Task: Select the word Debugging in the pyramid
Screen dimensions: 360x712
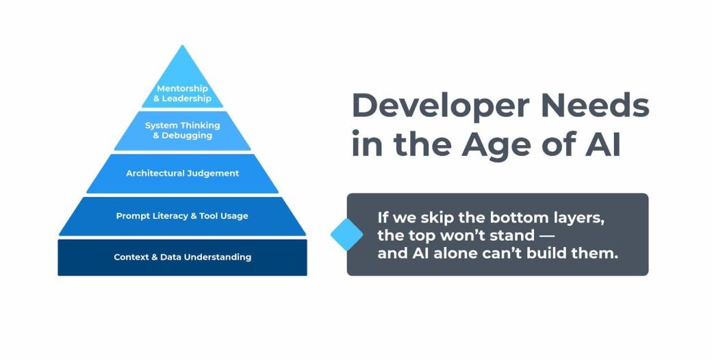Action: coord(186,136)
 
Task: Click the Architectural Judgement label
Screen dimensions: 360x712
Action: coord(182,173)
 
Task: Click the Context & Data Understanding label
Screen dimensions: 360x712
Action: coord(182,257)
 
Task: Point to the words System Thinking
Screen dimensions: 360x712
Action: coord(182,125)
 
